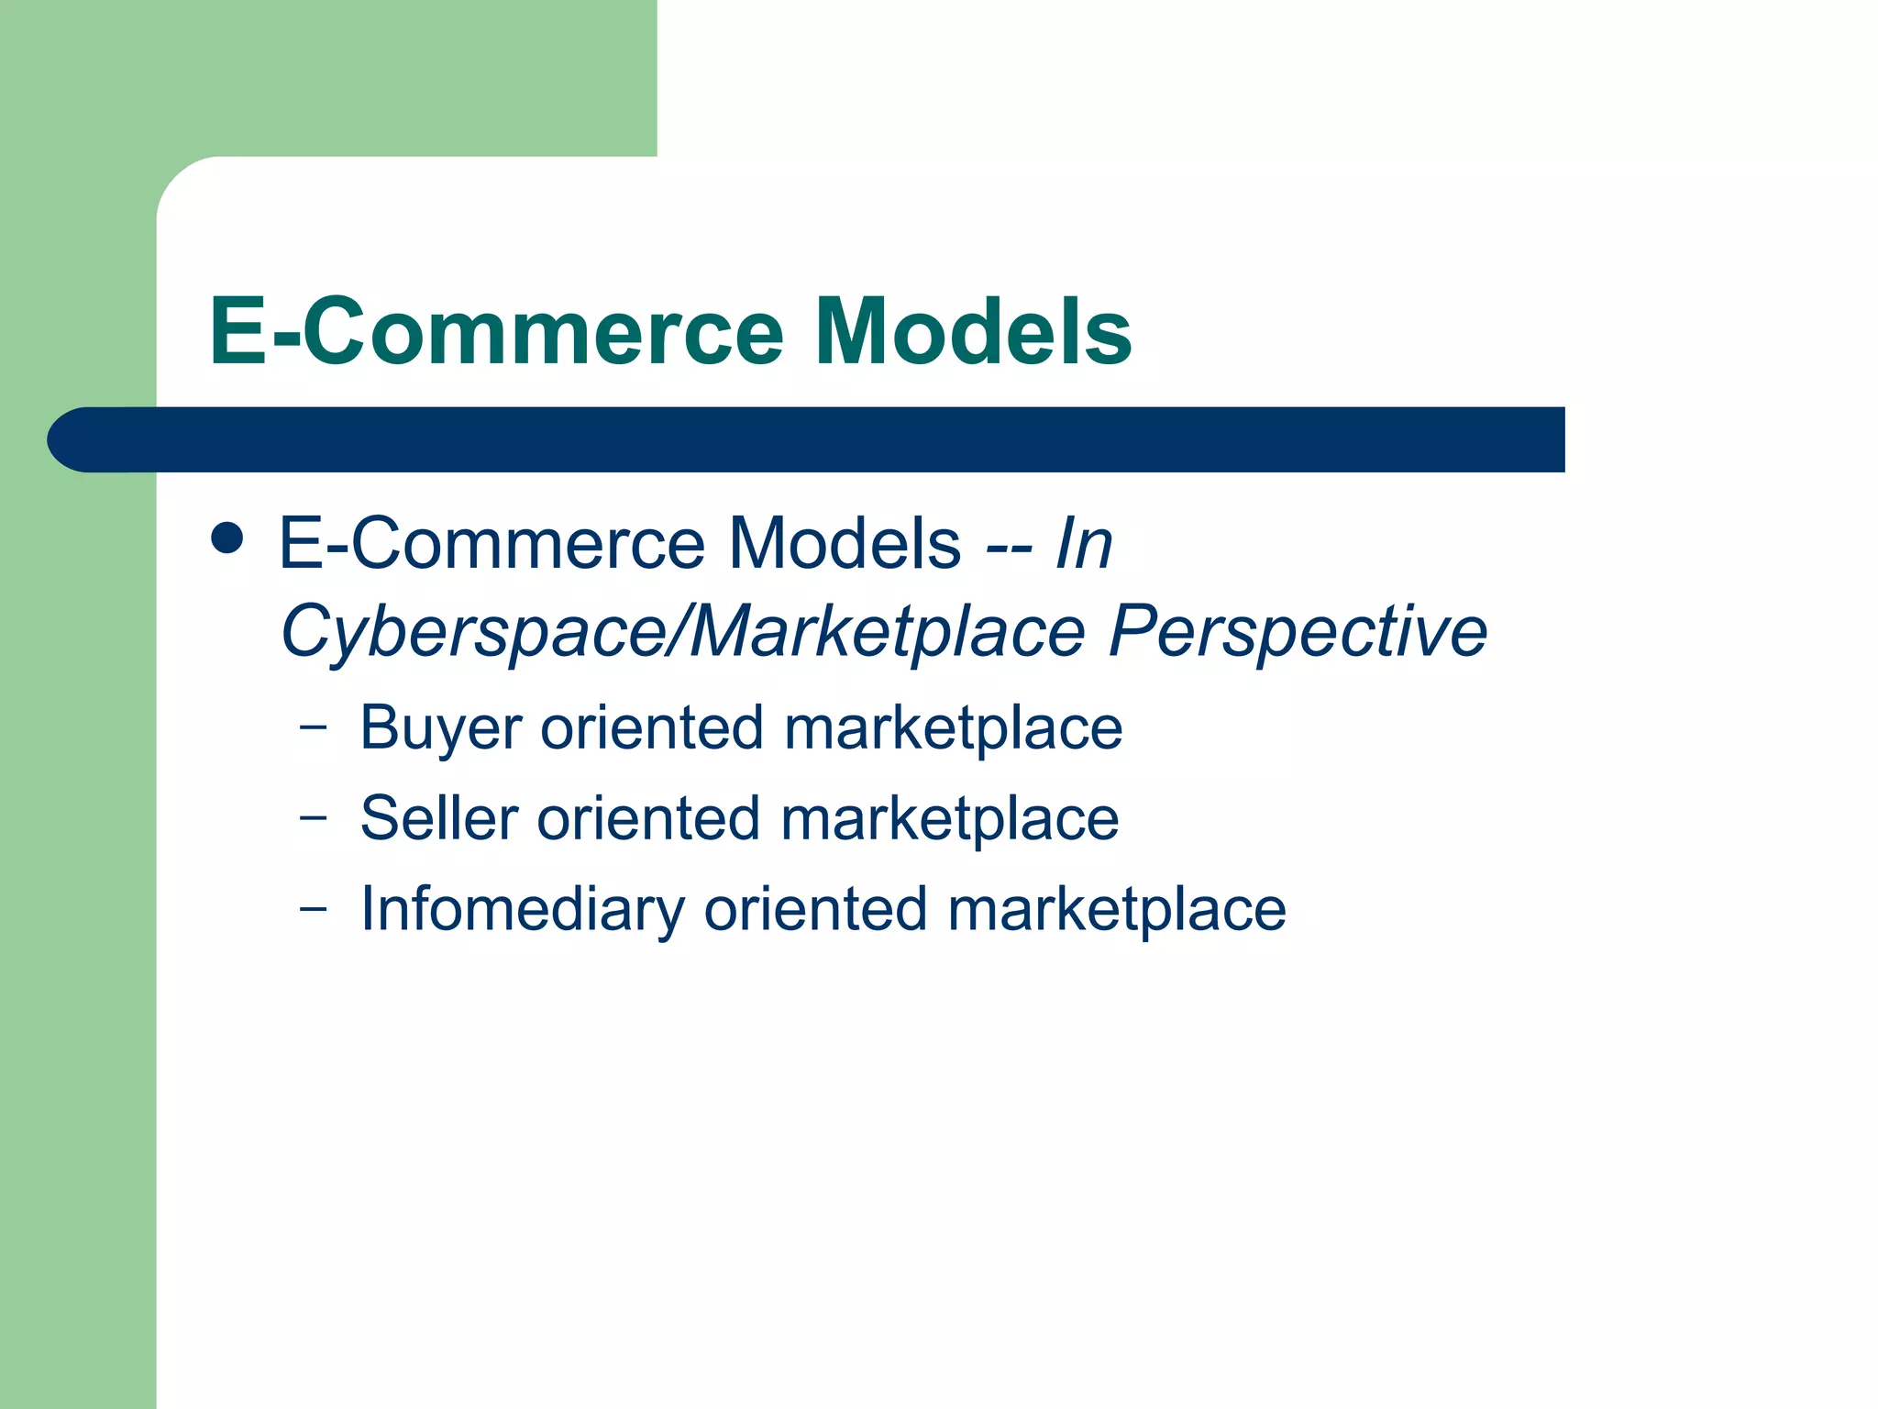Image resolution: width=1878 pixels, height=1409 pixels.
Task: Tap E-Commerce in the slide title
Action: pyautogui.click(x=496, y=331)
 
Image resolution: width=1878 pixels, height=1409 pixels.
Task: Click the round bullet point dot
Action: pyautogui.click(x=226, y=538)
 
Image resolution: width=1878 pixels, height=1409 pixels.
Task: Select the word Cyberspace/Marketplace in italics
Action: pyautogui.click(x=683, y=632)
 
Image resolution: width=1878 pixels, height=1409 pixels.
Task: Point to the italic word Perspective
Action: pyautogui.click(x=1298, y=632)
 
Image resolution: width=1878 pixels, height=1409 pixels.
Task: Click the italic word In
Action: pyautogui.click(x=1084, y=544)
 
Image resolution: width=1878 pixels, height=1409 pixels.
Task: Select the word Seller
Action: pyautogui.click(x=439, y=818)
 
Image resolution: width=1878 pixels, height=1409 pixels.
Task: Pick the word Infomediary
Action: pyautogui.click(x=523, y=910)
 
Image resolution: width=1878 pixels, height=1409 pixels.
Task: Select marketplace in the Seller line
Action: pyautogui.click(x=950, y=818)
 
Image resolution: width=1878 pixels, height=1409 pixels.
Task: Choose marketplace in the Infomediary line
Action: pyautogui.click(x=1117, y=910)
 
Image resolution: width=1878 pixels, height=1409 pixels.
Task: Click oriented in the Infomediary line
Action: pyautogui.click(x=815, y=910)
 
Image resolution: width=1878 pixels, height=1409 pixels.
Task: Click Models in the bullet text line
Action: pyautogui.click(x=845, y=544)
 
